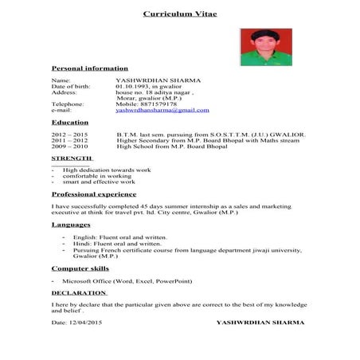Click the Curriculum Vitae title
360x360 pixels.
179,14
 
